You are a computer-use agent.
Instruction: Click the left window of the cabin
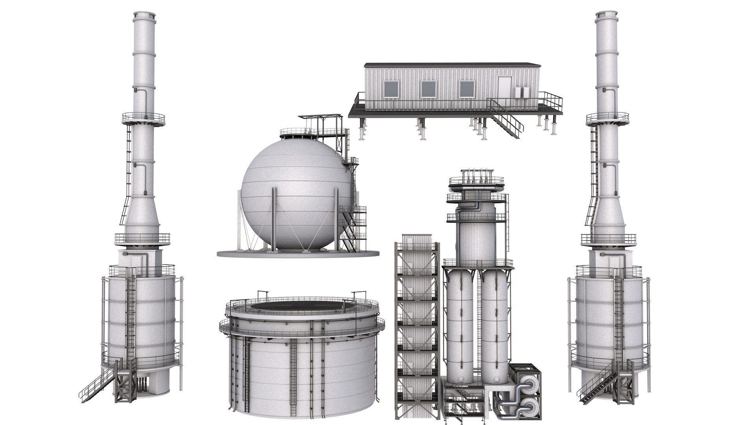[391, 90]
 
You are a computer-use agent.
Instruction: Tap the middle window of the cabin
[428, 90]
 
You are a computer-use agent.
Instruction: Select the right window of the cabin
[467, 90]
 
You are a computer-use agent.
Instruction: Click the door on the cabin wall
[504, 89]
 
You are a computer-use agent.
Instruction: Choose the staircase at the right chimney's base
[595, 384]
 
